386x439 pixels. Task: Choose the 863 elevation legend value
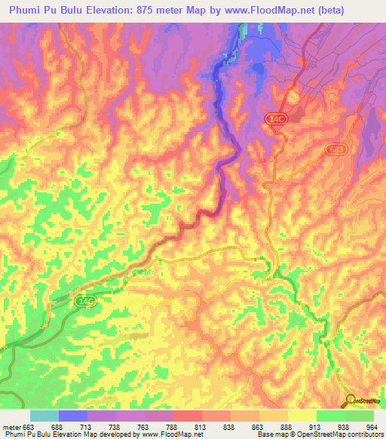259,426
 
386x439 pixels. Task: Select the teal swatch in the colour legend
44,416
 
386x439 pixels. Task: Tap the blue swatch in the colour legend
73,416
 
